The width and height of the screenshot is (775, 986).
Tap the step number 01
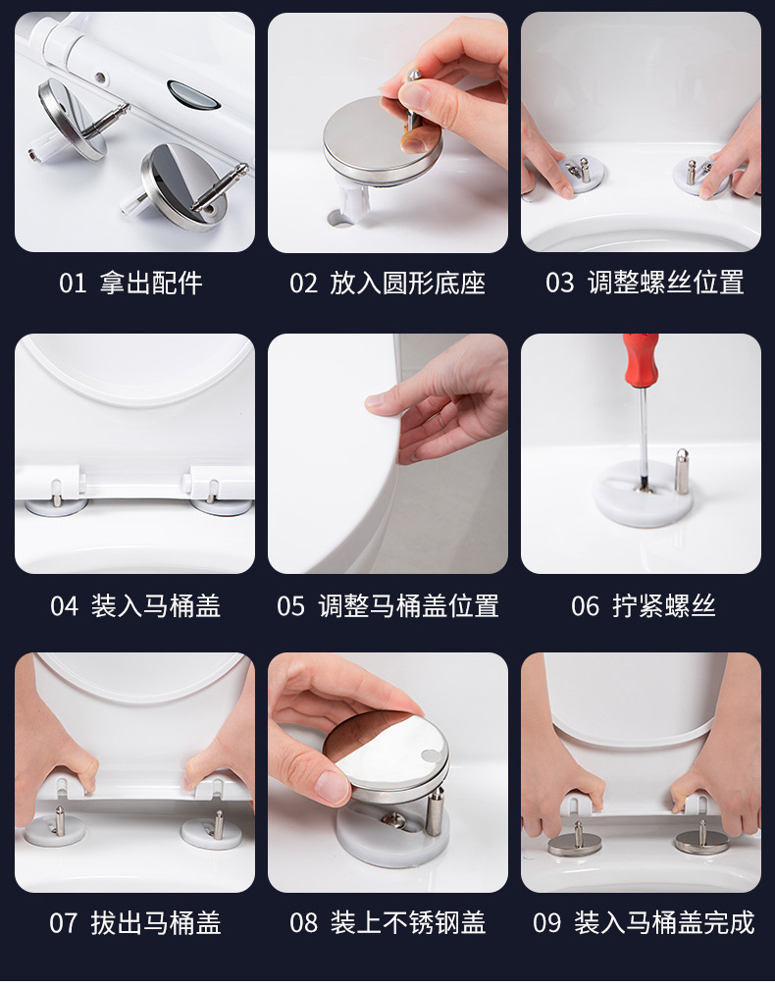point(73,284)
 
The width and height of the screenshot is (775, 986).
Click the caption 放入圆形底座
point(407,284)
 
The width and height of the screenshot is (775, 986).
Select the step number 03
point(559,284)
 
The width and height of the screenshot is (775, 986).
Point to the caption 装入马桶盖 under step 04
point(156,606)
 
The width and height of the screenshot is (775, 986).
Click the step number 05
point(290,606)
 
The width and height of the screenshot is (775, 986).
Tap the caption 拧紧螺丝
point(664,606)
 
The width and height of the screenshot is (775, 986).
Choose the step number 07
point(63,923)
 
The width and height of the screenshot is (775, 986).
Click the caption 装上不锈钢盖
point(408,923)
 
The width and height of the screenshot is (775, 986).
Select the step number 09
point(546,923)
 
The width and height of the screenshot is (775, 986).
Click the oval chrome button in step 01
point(193,94)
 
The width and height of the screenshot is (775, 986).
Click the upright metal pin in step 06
point(682,472)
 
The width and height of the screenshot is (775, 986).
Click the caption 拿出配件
point(151,284)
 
